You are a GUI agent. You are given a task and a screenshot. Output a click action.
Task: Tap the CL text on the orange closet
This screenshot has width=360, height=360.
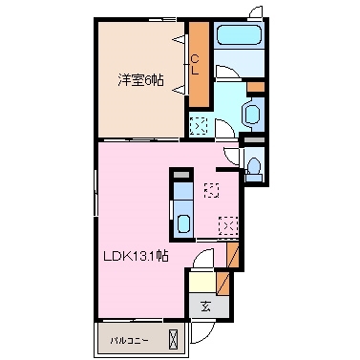196,64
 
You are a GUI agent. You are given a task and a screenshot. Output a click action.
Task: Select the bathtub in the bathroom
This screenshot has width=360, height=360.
239,39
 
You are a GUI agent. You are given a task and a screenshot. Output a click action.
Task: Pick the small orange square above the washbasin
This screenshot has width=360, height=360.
254,89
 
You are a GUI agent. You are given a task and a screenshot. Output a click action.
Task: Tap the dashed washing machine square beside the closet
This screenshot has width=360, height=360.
199,123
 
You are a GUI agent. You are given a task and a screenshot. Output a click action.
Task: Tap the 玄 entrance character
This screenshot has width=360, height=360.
206,306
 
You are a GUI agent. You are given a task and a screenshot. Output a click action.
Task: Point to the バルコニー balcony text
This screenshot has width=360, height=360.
127,339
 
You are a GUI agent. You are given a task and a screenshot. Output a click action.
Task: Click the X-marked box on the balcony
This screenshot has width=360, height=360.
173,338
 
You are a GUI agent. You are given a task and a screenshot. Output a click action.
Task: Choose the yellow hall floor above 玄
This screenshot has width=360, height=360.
201,282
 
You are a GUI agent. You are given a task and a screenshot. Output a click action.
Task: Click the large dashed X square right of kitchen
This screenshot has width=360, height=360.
227,225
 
